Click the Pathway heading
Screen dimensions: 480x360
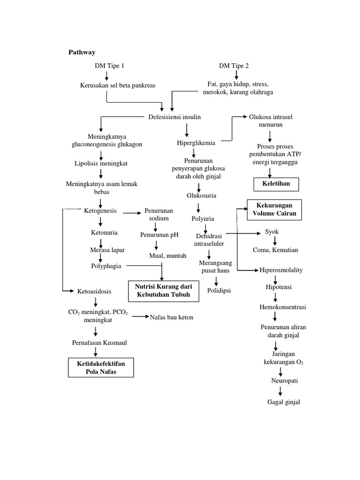(x=82, y=52)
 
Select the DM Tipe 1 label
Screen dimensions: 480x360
(x=110, y=66)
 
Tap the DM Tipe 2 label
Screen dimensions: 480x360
(x=233, y=66)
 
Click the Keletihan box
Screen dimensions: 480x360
(x=276, y=184)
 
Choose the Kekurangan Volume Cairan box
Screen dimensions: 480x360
(x=275, y=210)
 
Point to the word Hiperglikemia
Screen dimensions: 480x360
(x=196, y=142)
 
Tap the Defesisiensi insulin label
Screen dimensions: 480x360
(x=174, y=117)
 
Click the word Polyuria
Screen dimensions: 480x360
(x=202, y=218)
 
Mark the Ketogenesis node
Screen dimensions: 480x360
(x=100, y=211)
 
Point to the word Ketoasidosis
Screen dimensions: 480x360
(x=94, y=291)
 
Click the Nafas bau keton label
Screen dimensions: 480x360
(x=172, y=317)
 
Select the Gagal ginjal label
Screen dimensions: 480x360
(x=284, y=402)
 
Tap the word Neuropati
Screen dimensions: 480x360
(x=281, y=381)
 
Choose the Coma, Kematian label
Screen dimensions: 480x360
(x=275, y=250)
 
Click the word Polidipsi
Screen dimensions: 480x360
(x=219, y=291)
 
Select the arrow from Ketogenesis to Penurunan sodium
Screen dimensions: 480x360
(x=133, y=214)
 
